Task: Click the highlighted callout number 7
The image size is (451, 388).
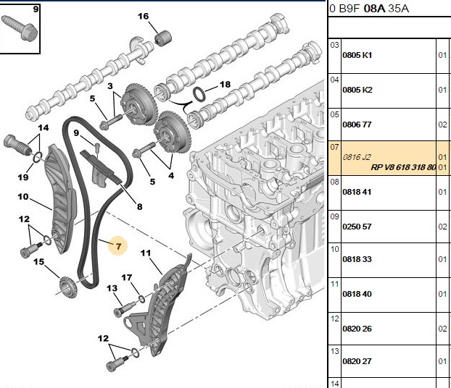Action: point(118,246)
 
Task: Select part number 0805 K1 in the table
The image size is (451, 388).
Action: point(357,55)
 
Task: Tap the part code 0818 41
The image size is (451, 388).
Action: point(357,192)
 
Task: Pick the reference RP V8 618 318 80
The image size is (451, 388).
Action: point(403,167)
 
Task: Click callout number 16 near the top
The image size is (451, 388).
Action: point(144,16)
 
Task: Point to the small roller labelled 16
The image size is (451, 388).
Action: point(163,38)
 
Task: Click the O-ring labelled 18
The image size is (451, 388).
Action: point(199,94)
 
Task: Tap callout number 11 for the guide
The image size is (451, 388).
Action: point(146,253)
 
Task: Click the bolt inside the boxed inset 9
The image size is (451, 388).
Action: point(19,28)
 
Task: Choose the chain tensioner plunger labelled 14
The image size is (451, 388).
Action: point(17,145)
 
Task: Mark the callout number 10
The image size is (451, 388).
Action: point(23,197)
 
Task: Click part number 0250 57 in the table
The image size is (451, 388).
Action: point(357,227)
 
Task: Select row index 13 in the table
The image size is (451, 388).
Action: point(334,351)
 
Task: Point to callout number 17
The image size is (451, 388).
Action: point(127,277)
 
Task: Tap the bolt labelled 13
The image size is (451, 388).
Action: point(125,308)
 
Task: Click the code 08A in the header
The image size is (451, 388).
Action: point(374,9)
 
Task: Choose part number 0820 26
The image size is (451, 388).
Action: point(357,329)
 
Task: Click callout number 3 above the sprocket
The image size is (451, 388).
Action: point(110,86)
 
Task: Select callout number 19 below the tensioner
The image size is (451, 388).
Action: point(23,177)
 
